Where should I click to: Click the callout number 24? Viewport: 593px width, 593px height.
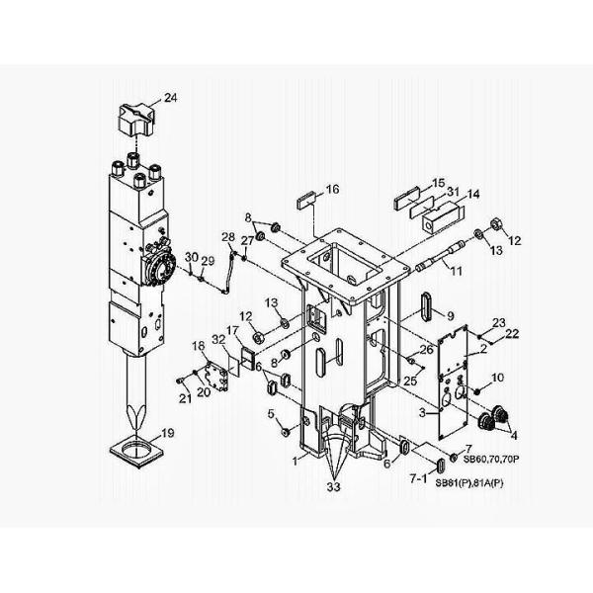tap(171, 98)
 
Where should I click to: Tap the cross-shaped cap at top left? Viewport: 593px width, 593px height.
tap(136, 121)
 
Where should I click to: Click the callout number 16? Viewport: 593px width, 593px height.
tap(332, 189)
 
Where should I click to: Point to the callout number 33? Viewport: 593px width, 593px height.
tap(334, 487)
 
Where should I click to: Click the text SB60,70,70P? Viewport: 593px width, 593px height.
tap(491, 460)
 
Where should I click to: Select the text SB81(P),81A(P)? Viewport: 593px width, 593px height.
tap(469, 483)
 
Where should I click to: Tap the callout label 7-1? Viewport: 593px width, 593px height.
tap(418, 478)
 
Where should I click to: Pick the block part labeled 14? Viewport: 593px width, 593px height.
tap(442, 217)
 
